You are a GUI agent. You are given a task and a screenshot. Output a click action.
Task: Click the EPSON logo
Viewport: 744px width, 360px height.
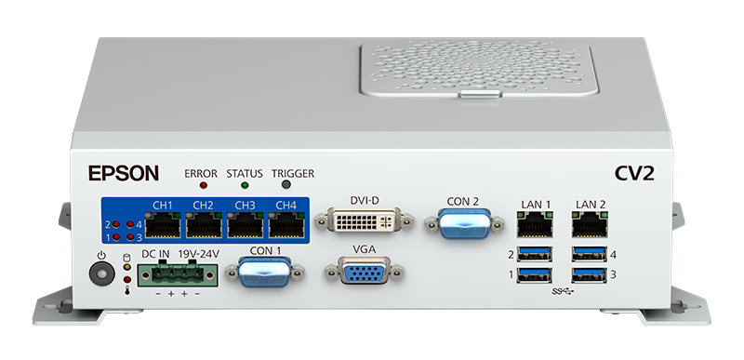[124, 173]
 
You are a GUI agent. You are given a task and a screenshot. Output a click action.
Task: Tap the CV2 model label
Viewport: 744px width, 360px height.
[633, 173]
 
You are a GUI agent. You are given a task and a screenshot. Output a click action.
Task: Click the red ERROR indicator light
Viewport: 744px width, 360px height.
[201, 186]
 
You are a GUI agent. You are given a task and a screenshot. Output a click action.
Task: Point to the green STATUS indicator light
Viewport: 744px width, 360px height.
[245, 186]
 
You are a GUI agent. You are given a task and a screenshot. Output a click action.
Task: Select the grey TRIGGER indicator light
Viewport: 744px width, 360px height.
[292, 186]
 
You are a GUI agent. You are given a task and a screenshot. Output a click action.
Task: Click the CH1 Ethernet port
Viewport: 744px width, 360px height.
[162, 225]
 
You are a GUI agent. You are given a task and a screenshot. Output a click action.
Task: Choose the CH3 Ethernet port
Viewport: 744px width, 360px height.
[245, 225]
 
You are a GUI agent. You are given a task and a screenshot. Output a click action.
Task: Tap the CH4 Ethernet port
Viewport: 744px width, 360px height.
[286, 225]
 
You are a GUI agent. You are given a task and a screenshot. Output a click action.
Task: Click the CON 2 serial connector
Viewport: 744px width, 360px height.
[462, 224]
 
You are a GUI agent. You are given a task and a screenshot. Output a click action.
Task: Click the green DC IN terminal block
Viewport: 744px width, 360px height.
[177, 274]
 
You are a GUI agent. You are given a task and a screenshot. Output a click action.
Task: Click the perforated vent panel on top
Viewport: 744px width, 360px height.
[475, 68]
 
